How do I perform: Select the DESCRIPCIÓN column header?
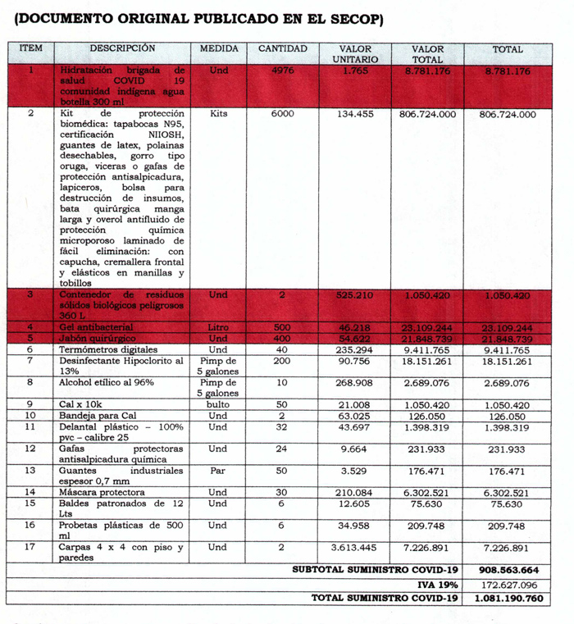(122, 49)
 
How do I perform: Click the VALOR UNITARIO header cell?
(355, 54)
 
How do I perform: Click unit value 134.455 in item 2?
(355, 114)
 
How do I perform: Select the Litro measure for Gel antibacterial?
(219, 327)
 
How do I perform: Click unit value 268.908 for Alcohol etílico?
(355, 382)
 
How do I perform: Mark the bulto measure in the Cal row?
(219, 404)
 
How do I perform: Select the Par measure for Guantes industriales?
(219, 470)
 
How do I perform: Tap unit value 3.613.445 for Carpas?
(355, 547)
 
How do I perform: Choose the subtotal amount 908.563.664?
(507, 569)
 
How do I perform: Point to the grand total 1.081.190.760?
(507, 599)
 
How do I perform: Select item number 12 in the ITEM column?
(30, 449)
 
